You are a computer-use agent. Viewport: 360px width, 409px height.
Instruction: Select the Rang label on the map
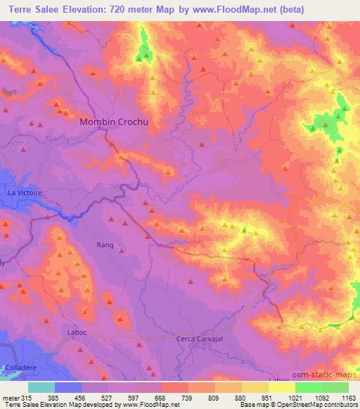coord(104,245)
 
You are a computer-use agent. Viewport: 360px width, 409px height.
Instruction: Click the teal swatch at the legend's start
coord(41,387)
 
